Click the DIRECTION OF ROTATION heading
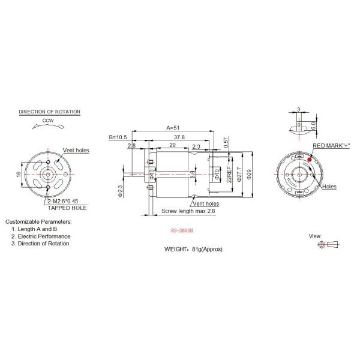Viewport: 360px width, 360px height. (x=50, y=112)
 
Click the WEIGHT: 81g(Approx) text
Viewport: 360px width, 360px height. (x=193, y=248)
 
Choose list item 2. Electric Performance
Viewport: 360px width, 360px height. (x=40, y=236)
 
